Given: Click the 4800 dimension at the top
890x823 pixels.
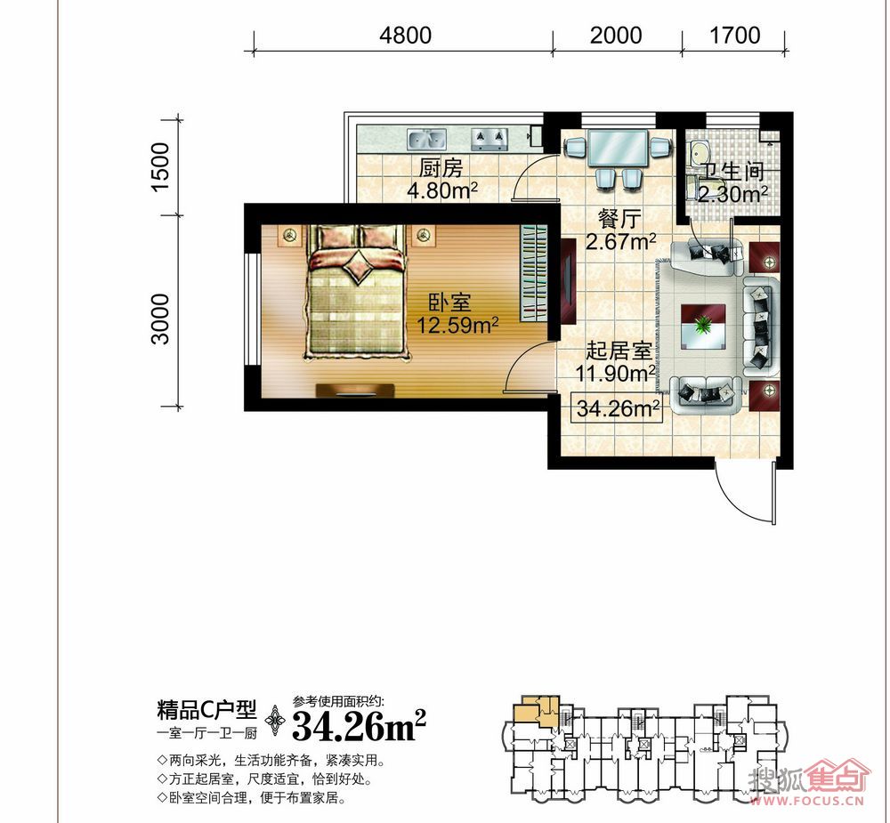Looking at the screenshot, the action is point(405,36).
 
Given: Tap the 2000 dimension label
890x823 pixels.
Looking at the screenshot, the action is point(616,36).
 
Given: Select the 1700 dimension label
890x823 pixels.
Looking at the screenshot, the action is point(735,36).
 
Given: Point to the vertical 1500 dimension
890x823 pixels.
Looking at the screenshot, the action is point(160,167).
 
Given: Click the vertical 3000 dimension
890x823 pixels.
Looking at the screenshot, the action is point(160,319).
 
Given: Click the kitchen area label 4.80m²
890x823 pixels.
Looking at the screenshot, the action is point(442,190).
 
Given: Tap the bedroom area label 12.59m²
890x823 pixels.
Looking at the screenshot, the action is point(457,326).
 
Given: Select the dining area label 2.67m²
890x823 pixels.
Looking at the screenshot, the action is point(621,242).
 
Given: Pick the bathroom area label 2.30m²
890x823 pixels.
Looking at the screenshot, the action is point(732,194).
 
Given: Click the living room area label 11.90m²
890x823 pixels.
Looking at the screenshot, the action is point(616,374).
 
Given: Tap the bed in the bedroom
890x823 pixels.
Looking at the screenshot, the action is point(357,292).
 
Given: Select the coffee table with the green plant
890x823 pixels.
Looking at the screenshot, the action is point(703,326).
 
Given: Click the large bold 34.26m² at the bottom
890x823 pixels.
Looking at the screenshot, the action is point(359,725).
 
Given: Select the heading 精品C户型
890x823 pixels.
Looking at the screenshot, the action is point(206,709).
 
